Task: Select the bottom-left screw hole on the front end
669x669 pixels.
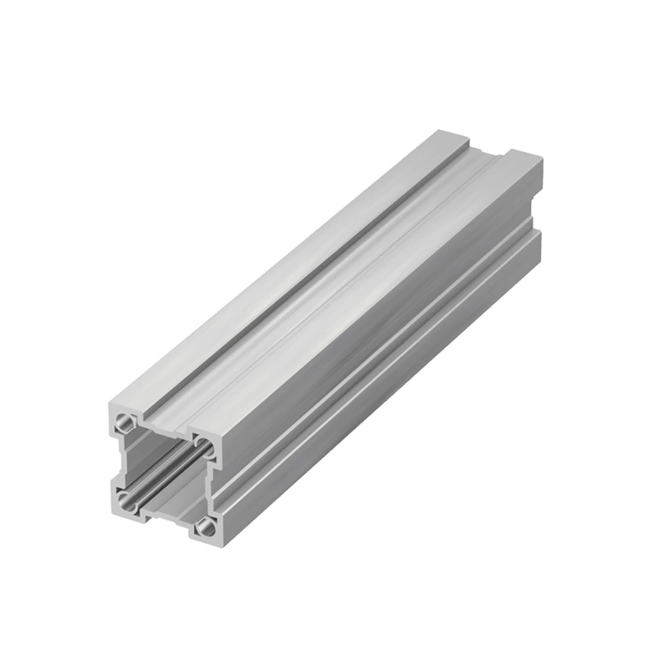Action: pyautogui.click(x=125, y=501)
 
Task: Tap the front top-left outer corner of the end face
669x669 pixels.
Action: pyautogui.click(x=110, y=405)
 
